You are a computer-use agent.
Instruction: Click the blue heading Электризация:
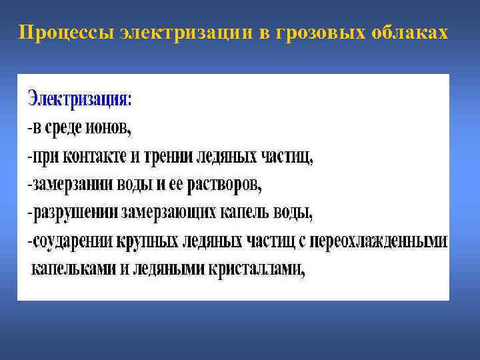(80, 100)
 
